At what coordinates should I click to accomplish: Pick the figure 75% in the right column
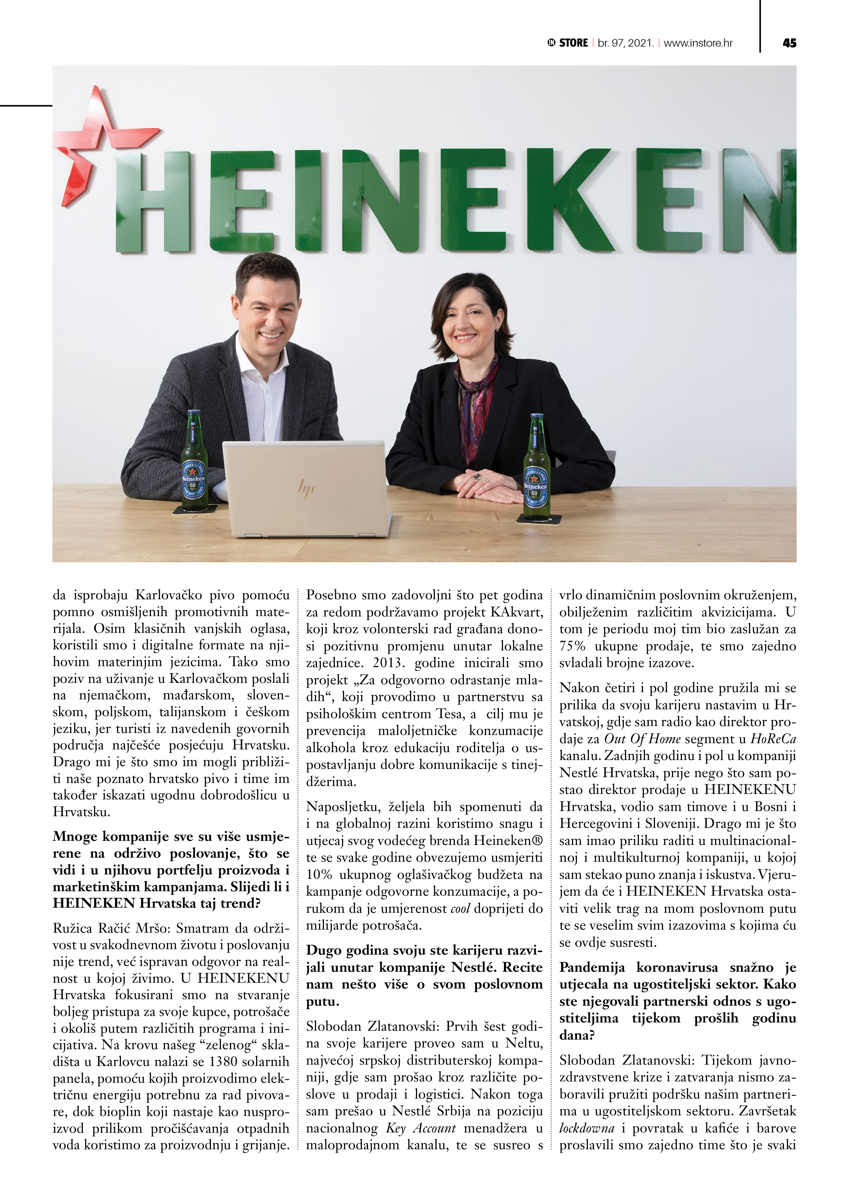(x=573, y=646)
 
